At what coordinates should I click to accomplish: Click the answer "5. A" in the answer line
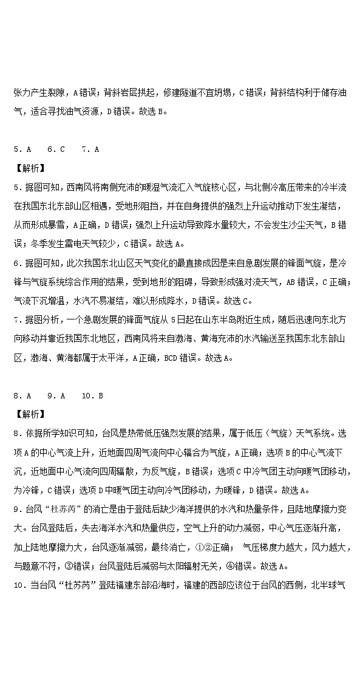pyautogui.click(x=22, y=149)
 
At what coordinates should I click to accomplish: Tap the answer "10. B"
pyautogui.click(x=92, y=395)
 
